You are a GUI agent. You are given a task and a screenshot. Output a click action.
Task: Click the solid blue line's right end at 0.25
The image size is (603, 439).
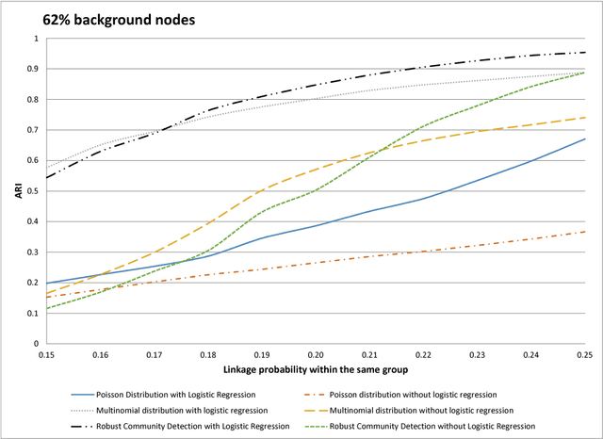click(x=585, y=139)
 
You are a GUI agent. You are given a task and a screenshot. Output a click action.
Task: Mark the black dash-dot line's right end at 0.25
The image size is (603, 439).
click(x=585, y=53)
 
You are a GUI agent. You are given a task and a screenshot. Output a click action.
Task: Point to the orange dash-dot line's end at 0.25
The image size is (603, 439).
click(x=585, y=232)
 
